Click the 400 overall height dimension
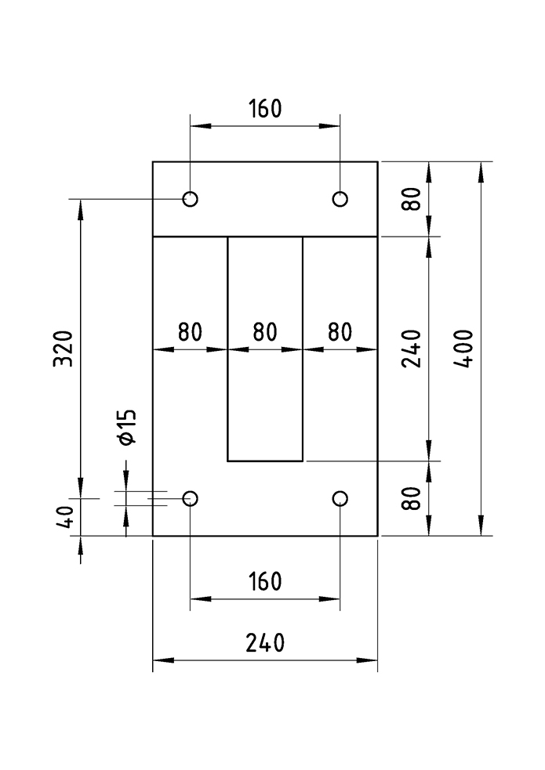pos(463,348)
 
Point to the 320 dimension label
pos(63,349)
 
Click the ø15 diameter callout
pos(127,427)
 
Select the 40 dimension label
pos(64,516)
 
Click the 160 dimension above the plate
pos(265,109)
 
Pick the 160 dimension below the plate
pos(265,581)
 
